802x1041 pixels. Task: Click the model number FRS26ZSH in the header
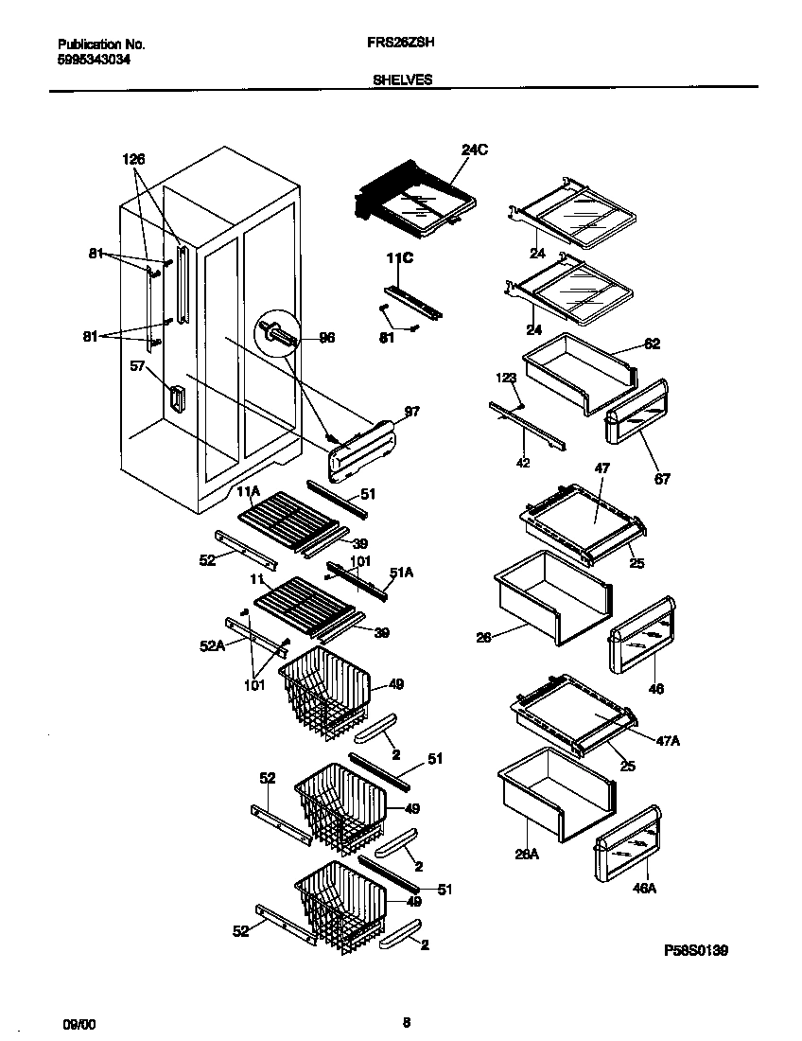coord(401,44)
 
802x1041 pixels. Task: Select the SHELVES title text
coord(402,80)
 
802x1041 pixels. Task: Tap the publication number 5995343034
coord(95,59)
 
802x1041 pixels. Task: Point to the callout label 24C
coord(475,150)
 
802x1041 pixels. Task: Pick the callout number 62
coord(653,344)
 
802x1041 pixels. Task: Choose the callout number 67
coord(662,479)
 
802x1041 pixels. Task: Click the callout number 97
coord(411,412)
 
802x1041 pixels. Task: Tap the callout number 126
coord(134,159)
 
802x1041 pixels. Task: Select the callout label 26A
coord(527,855)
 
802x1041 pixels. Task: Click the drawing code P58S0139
coord(695,949)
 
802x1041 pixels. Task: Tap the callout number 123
coord(507,378)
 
